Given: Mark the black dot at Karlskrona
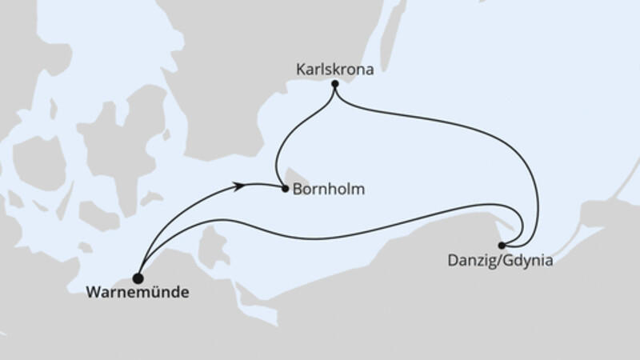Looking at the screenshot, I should (334, 84).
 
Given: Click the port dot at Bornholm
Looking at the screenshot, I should (285, 190).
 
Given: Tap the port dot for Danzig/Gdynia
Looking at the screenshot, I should (502, 245).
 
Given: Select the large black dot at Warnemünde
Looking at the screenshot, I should (138, 278).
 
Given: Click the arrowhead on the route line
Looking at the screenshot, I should (238, 186).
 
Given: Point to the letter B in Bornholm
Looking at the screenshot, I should (296, 190).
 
